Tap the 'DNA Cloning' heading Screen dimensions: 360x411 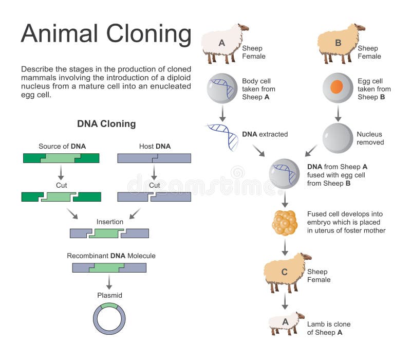[106, 124]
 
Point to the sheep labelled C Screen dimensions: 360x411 [286, 271]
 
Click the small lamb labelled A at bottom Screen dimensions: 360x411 [285, 323]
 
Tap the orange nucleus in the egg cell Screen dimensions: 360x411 [337, 86]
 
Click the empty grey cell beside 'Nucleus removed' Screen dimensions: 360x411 [337, 138]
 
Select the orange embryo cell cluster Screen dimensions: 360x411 [285, 222]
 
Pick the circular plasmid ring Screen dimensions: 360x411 [109, 319]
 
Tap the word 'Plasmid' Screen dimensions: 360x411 [109, 295]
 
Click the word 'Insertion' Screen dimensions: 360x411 [110, 222]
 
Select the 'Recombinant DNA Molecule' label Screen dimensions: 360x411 [111, 256]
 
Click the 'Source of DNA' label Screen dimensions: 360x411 [62, 147]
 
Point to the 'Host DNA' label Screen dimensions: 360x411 [155, 147]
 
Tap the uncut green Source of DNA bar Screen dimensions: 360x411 [61, 158]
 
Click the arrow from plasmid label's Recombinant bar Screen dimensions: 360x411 [109, 281]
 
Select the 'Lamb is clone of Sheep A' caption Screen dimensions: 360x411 [329, 328]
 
